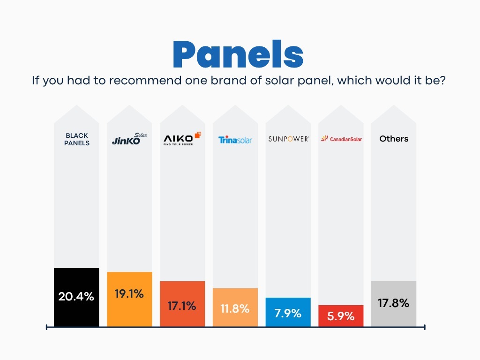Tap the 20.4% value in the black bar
[76, 297]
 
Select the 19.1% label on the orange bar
[129, 294]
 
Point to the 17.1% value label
[182, 306]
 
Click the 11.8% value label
[235, 309]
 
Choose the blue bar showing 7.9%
[288, 312]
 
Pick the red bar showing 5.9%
[341, 316]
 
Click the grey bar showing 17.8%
[394, 303]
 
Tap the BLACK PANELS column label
[77, 139]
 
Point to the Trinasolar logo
[235, 140]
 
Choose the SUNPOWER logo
[288, 139]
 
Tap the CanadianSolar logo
[341, 139]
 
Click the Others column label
[394, 139]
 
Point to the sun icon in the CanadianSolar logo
[324, 139]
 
